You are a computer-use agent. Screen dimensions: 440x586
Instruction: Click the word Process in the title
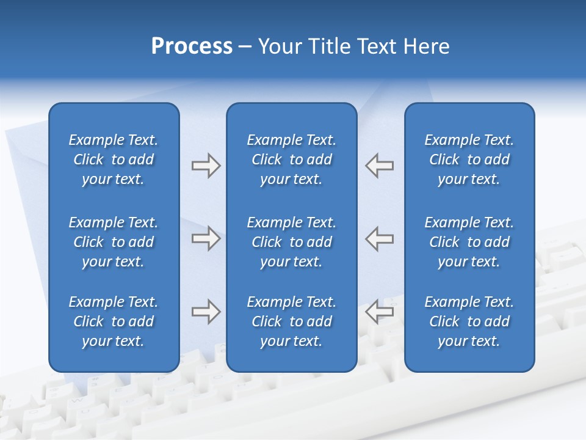[192, 46]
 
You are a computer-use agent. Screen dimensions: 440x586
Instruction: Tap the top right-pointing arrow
[206, 165]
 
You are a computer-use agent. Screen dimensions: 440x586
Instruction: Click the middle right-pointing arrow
[206, 238]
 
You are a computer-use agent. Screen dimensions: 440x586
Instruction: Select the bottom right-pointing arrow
[206, 312]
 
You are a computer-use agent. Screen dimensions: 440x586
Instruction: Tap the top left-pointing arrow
[379, 165]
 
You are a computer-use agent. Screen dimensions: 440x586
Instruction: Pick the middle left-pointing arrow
[379, 238]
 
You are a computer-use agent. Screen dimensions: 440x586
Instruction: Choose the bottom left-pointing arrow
[379, 312]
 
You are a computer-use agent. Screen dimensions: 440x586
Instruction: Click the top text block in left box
[114, 159]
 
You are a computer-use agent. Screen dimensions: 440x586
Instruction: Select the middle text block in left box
[114, 242]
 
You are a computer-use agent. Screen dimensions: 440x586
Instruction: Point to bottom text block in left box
[114, 321]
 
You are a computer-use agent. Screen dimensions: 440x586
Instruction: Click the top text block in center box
[292, 159]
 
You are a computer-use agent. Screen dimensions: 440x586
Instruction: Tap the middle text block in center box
[292, 242]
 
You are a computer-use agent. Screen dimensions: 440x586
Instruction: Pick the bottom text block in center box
[292, 321]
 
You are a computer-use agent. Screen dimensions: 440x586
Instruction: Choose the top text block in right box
[469, 159]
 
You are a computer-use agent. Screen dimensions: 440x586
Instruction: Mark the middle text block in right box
[469, 242]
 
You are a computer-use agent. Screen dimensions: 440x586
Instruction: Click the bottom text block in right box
[469, 321]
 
